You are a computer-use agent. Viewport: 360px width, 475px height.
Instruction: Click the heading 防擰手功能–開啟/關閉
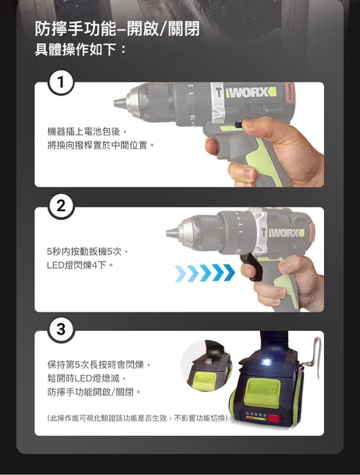click(x=118, y=29)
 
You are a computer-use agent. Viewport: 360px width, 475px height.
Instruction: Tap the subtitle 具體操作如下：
click(x=81, y=50)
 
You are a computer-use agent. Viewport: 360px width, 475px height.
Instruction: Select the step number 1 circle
click(x=62, y=84)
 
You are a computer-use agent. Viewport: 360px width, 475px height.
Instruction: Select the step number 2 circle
click(x=62, y=207)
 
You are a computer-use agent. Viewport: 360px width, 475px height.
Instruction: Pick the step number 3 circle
click(x=62, y=331)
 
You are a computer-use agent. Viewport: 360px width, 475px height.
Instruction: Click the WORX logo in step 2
click(x=286, y=233)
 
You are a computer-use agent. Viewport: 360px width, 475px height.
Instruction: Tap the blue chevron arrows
click(x=205, y=274)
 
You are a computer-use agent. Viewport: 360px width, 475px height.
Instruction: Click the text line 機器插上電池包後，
click(x=87, y=130)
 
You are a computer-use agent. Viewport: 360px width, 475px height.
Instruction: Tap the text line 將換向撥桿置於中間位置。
click(x=101, y=145)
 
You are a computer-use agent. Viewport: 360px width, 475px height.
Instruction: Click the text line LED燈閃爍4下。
click(x=80, y=265)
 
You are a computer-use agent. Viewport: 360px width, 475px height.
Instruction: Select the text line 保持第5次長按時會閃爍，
click(x=98, y=364)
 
